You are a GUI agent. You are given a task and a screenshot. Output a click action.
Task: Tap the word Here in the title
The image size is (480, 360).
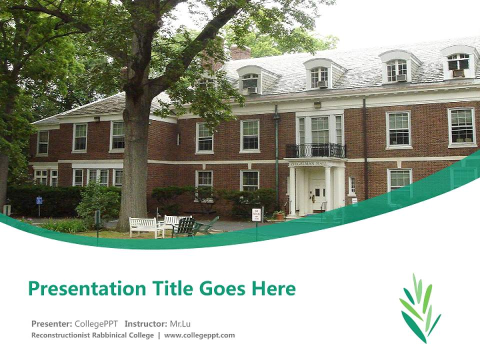(273, 288)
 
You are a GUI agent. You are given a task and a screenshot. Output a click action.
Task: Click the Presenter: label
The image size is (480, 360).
(51, 323)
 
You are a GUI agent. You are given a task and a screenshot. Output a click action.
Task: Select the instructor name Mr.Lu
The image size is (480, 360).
(180, 323)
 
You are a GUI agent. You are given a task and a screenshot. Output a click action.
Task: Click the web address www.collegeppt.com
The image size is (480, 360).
(199, 335)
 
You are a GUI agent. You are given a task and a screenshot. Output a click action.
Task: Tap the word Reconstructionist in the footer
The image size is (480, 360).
(60, 335)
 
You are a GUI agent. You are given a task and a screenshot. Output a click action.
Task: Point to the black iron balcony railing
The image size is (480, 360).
(315, 150)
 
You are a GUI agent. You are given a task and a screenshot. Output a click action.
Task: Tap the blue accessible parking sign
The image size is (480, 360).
(39, 201)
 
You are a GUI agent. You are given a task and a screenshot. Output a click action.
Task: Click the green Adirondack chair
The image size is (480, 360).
(186, 227)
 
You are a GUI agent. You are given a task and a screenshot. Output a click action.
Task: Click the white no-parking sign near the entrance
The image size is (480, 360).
(256, 213)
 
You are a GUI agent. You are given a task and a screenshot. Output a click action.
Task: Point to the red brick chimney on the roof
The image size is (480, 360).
(240, 52)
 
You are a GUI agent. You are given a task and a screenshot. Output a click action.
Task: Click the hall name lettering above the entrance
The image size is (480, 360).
(310, 163)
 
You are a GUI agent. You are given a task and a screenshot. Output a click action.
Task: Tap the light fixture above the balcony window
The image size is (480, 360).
(317, 104)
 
